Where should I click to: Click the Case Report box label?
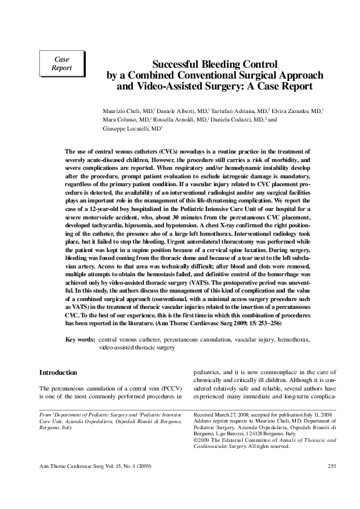[x=62, y=63]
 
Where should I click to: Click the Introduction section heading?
[x=58, y=372]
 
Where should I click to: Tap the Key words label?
[x=80, y=340]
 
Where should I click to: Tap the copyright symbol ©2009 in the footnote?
[x=202, y=440]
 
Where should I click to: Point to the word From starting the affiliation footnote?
[x=45, y=417]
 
